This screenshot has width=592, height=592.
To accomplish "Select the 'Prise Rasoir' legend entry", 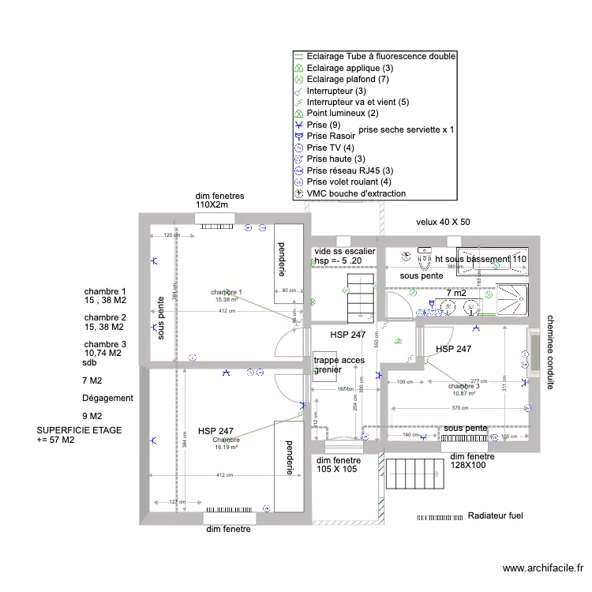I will pyautogui.click(x=331, y=136).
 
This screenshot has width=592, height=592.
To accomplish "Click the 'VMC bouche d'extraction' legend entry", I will pyautogui.click(x=356, y=193).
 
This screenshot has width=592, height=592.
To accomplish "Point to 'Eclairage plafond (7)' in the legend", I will pyautogui.click(x=347, y=80).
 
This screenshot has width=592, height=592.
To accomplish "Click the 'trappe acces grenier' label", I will pyautogui.click(x=339, y=365).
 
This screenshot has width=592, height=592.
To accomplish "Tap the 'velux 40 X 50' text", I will pyautogui.click(x=443, y=223).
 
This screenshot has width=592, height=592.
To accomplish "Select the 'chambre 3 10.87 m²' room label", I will pyautogui.click(x=463, y=389).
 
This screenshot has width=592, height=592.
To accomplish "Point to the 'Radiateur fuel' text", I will pyautogui.click(x=495, y=516).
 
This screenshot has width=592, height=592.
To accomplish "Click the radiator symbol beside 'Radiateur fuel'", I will pyautogui.click(x=440, y=517).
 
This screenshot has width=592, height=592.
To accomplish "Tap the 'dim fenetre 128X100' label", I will pyautogui.click(x=472, y=461).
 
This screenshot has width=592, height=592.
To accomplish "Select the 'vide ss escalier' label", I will pyautogui.click(x=344, y=251).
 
